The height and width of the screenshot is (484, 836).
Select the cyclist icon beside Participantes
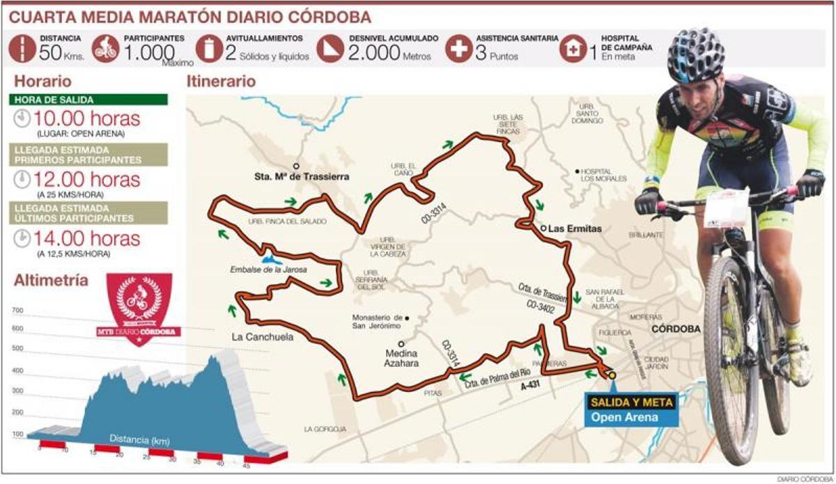(x=104, y=49)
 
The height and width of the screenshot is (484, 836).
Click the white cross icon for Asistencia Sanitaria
(x=458, y=49)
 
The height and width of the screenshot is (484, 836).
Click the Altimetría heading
(x=51, y=281)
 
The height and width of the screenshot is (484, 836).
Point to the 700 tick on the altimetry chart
(x=17, y=311)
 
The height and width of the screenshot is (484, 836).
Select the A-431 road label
(x=532, y=382)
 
